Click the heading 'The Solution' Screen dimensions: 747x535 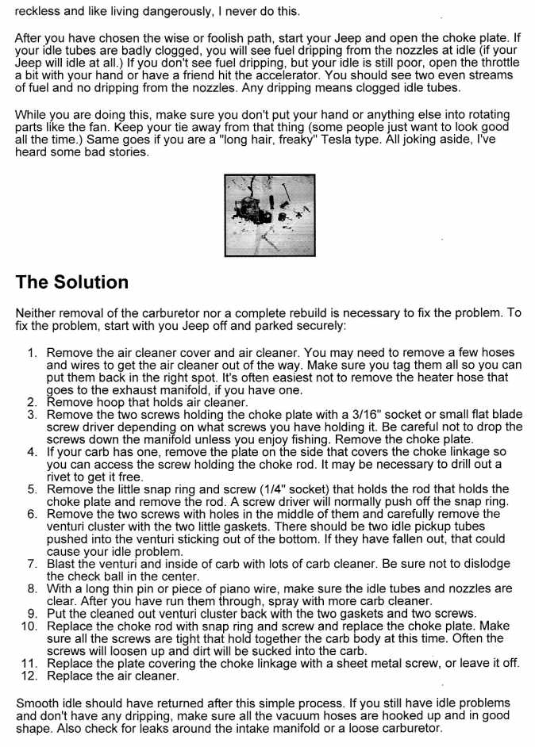[x=71, y=282]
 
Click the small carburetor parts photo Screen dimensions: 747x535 [x=269, y=215]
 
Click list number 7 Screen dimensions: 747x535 [x=33, y=564]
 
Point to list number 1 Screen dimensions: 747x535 [x=33, y=353]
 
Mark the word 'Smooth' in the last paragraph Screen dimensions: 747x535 [x=37, y=703]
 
